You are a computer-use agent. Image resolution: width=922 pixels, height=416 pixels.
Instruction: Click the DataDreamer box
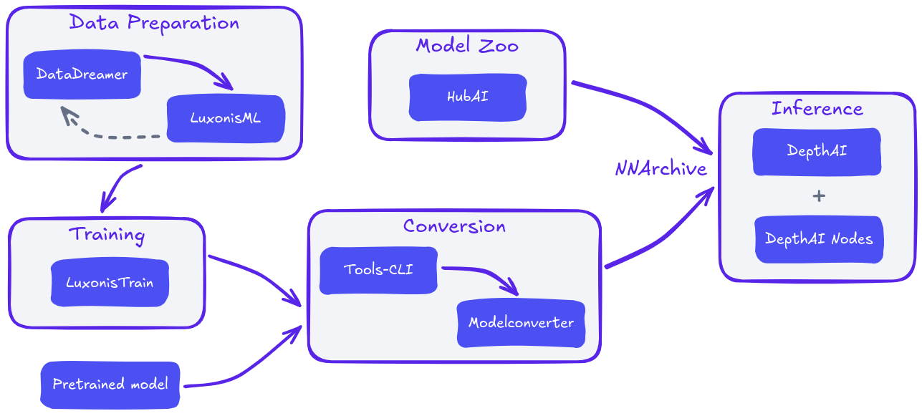point(82,74)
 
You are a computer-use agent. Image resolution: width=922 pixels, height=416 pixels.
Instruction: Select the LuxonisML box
point(226,119)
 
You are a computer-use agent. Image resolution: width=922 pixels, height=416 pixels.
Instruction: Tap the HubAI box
point(467,97)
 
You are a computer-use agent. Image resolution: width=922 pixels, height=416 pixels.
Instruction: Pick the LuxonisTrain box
point(110,283)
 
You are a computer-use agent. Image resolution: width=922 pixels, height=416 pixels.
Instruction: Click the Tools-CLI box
point(378,271)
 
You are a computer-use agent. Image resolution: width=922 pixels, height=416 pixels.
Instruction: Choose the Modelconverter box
point(521,323)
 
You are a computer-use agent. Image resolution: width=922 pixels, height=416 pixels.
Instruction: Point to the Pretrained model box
point(110,384)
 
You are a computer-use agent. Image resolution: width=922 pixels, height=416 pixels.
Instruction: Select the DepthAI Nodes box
point(819,239)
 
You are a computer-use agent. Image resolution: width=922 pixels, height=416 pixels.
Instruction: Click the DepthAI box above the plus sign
point(817,151)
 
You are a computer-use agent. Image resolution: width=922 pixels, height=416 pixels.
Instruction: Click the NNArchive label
point(661,169)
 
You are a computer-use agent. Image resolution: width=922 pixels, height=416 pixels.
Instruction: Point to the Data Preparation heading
point(154,22)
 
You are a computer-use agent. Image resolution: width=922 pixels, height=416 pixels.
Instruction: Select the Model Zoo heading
point(467,46)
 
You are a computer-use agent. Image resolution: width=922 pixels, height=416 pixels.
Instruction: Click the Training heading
point(107,234)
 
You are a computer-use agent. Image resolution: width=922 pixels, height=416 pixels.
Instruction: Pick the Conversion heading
point(454,226)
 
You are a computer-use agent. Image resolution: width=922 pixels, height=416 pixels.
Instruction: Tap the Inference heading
point(817,109)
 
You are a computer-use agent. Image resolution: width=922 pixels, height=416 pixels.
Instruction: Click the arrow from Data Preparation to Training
point(118,187)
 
